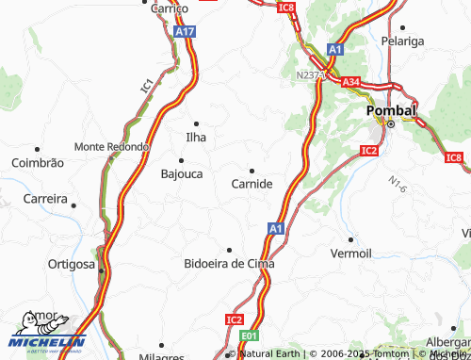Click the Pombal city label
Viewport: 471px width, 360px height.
click(x=390, y=110)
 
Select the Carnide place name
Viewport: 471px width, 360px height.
click(x=252, y=184)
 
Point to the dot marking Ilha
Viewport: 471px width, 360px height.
click(x=197, y=123)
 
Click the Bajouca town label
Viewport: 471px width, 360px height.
click(x=182, y=174)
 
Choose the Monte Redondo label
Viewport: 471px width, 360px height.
click(x=112, y=147)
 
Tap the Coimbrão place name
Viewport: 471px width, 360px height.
click(x=37, y=163)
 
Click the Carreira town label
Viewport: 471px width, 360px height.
click(x=46, y=200)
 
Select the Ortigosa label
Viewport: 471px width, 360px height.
click(x=73, y=264)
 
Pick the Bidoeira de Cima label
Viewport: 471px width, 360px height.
click(x=229, y=264)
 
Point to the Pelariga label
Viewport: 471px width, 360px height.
click(x=405, y=42)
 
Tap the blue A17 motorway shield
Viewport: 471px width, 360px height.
click(x=185, y=31)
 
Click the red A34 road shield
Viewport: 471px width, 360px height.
click(x=350, y=83)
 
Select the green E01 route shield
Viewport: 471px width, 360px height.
click(x=249, y=335)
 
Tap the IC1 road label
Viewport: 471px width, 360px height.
click(x=147, y=86)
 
